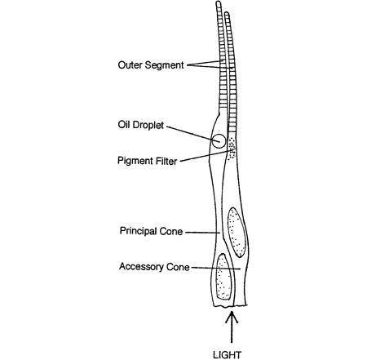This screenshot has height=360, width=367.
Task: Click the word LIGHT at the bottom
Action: pos(227,355)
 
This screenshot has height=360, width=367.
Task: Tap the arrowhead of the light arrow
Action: pos(232,316)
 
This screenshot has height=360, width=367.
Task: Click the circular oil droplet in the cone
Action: pos(219,141)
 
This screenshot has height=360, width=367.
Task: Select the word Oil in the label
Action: pos(123,125)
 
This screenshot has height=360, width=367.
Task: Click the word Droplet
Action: pos(148,125)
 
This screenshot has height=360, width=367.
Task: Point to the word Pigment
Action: pos(135,161)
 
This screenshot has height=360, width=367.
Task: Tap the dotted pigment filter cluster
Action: pos(232,149)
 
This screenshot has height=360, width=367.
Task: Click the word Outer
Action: pos(130,64)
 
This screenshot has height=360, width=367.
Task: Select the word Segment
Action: pos(164,65)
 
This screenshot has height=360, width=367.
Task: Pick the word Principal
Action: pos(138,231)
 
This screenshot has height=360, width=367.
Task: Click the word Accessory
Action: pos(141,266)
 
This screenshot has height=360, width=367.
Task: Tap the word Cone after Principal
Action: pos(171,231)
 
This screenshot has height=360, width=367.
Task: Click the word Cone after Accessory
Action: pos(178,267)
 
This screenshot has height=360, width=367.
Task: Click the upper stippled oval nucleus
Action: pos(237,232)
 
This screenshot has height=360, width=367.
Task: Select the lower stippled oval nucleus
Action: pos(223,277)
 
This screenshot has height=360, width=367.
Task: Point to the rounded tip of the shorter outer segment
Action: pos(227,13)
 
